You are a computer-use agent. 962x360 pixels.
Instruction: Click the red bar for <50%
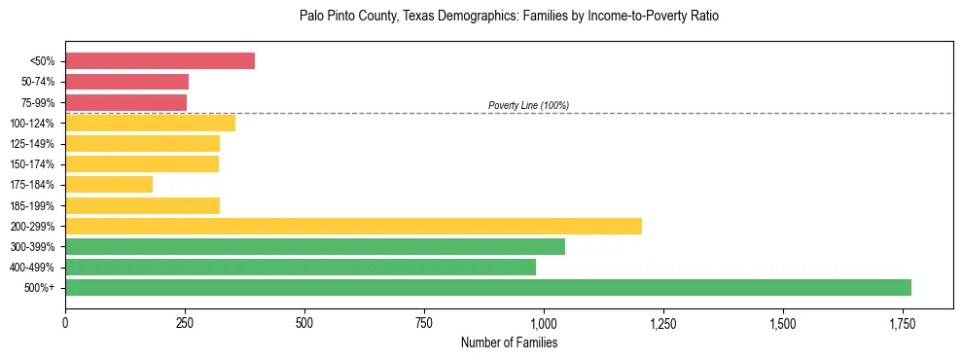(160, 61)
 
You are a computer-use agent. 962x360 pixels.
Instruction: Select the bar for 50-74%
(126, 82)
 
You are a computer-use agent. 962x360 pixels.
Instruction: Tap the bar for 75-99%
(125, 102)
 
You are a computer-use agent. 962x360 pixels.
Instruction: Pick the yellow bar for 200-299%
(353, 226)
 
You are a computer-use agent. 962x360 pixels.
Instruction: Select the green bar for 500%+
(488, 287)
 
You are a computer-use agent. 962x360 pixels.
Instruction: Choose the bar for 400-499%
(301, 267)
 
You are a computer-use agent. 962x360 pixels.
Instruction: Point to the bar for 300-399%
(315, 246)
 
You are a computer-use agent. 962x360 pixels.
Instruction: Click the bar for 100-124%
(150, 123)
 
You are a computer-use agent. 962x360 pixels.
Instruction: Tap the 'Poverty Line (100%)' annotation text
(528, 105)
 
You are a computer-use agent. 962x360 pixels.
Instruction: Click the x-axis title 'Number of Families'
(509, 342)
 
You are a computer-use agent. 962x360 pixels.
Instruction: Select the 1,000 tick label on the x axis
(543, 323)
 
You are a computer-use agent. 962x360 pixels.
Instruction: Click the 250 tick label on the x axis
(185, 323)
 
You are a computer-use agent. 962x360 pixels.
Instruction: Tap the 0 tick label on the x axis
(65, 323)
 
